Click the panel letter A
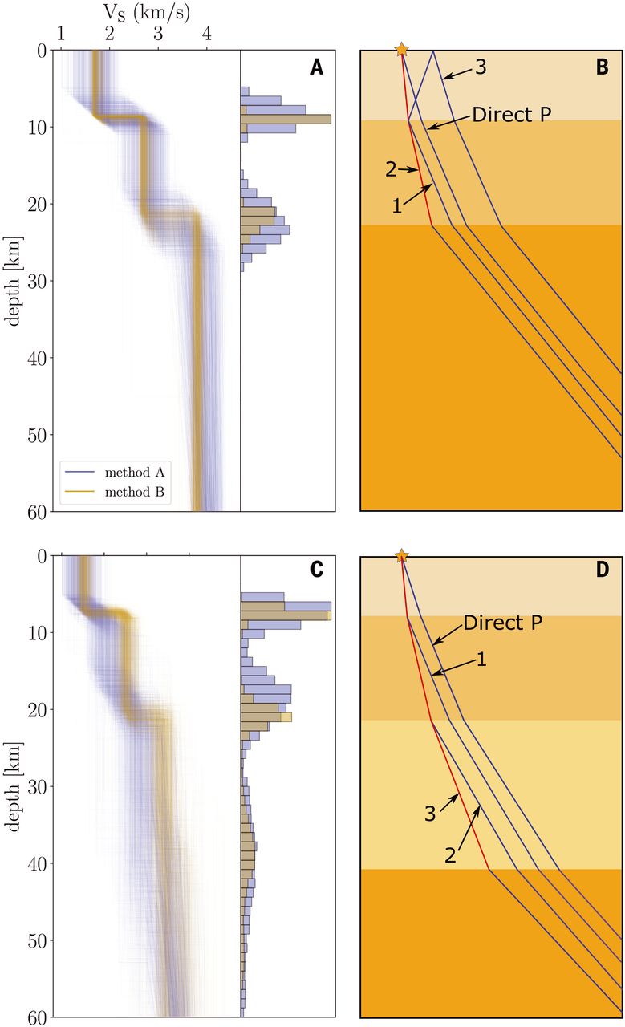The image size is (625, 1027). [317, 68]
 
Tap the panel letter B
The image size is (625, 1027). [603, 68]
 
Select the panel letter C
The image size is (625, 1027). [317, 570]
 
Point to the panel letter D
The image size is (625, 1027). [603, 570]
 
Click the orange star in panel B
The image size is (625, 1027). [402, 50]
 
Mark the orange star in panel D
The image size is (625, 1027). [402, 556]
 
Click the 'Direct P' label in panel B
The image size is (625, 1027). [510, 114]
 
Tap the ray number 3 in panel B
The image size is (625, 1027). [481, 67]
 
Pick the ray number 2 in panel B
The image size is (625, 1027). [391, 169]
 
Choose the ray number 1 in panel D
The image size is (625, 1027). [482, 660]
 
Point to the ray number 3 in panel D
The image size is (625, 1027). [430, 814]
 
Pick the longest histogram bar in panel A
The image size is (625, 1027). [286, 119]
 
